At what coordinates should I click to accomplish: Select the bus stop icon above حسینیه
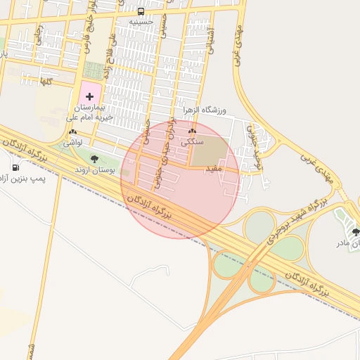[x=141, y=11]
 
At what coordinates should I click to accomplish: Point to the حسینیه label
[x=141, y=22]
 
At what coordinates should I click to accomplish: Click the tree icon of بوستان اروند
[x=94, y=160]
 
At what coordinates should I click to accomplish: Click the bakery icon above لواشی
[x=72, y=131]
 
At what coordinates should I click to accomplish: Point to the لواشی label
[x=72, y=143]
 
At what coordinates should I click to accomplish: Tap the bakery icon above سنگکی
[x=192, y=131]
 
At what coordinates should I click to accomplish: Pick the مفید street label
[x=214, y=169]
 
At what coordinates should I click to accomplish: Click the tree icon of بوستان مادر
[x=356, y=231]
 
